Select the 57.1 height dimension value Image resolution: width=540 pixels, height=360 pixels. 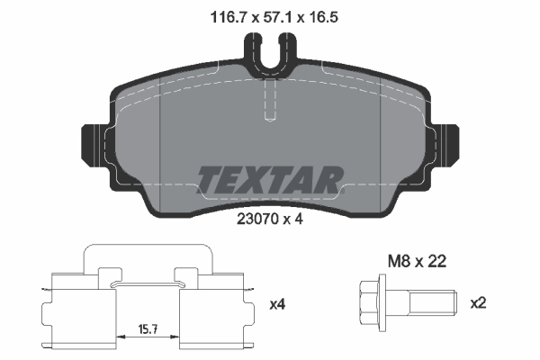click(x=270, y=14)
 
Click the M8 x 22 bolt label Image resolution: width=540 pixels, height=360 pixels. click(x=416, y=262)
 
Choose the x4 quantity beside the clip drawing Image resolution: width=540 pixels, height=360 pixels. click(x=278, y=304)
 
